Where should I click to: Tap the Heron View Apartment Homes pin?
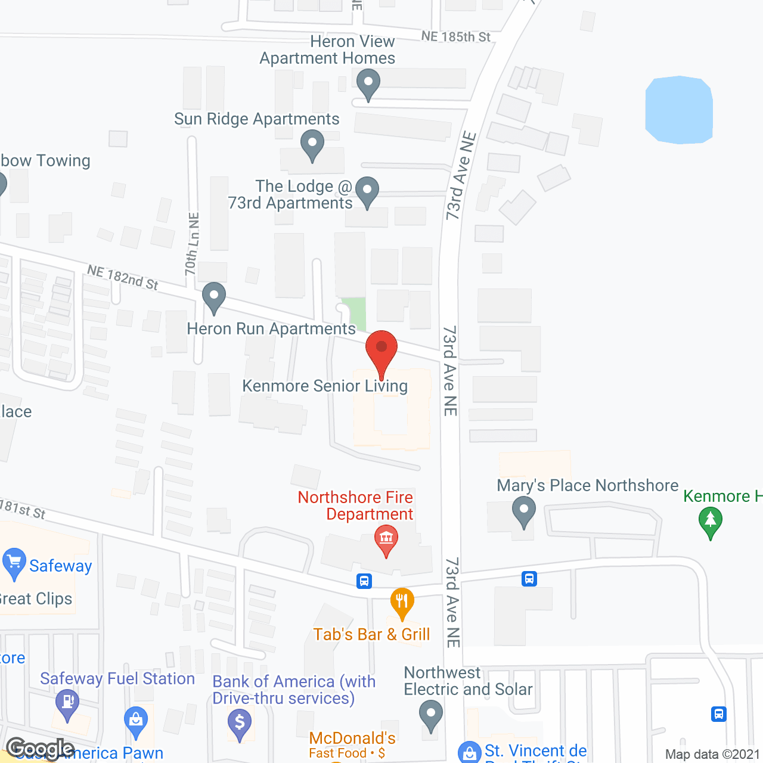pyautogui.click(x=368, y=83)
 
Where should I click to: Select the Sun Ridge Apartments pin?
pyautogui.click(x=312, y=144)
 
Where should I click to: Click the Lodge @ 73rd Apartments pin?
pyautogui.click(x=367, y=191)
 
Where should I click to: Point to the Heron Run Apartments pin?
pyautogui.click(x=213, y=296)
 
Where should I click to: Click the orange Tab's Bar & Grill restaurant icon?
pyautogui.click(x=402, y=602)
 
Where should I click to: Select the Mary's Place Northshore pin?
pyautogui.click(x=524, y=511)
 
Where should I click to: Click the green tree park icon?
pyautogui.click(x=710, y=521)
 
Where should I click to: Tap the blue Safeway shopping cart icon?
pyautogui.click(x=14, y=563)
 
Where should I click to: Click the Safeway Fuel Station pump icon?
pyautogui.click(x=67, y=703)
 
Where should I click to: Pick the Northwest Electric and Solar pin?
pyautogui.click(x=430, y=714)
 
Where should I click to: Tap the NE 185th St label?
pyautogui.click(x=456, y=37)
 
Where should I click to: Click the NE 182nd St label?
pyautogui.click(x=123, y=278)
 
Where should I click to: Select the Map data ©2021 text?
pyautogui.click(x=712, y=754)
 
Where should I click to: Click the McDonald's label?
pyautogui.click(x=352, y=739)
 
